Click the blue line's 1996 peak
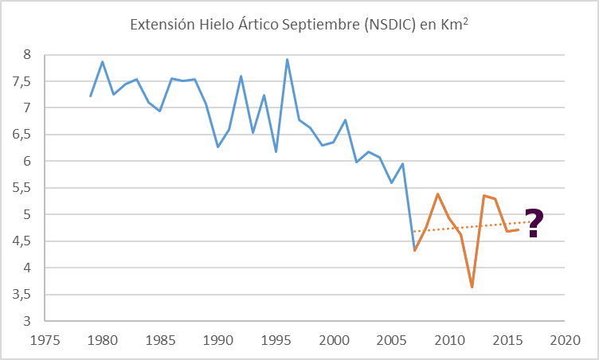[x=288, y=60]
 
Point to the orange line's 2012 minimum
[x=472, y=287]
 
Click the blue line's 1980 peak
[x=102, y=61]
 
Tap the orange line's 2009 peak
[x=437, y=194]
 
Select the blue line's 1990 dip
[x=217, y=147]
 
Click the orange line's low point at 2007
[x=414, y=251]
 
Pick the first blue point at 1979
[x=90, y=96]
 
